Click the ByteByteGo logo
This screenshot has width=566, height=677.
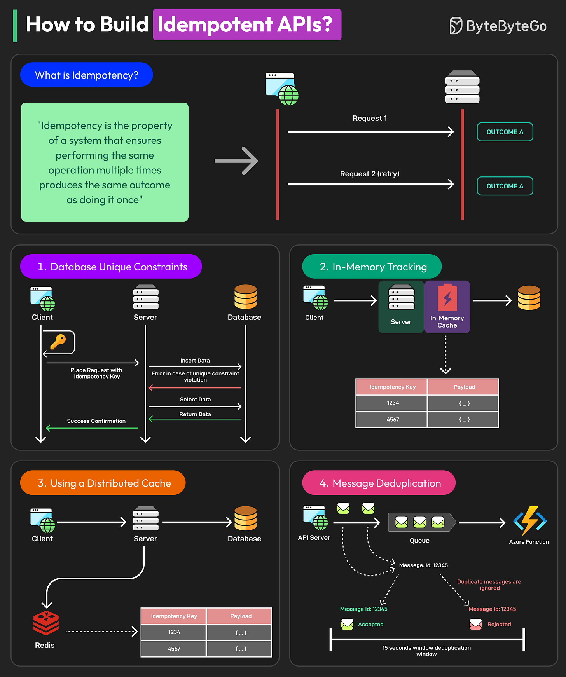tap(498, 26)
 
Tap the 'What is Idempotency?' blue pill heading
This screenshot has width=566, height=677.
tap(86, 75)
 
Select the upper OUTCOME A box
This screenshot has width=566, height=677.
tap(505, 132)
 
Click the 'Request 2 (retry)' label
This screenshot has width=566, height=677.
tap(369, 174)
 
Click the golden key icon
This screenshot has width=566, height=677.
tap(58, 342)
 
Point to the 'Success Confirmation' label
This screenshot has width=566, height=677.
tap(96, 421)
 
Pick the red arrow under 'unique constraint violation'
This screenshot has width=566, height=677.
tap(195, 388)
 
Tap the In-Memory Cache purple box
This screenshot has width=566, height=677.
tap(447, 307)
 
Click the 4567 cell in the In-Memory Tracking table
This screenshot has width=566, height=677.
tap(393, 419)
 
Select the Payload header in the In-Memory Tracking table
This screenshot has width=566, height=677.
tap(464, 387)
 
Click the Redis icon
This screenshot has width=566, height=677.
tap(46, 623)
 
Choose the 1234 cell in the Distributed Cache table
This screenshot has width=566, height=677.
tap(174, 632)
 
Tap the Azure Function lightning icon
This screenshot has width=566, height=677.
tap(530, 520)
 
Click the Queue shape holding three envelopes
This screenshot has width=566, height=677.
tap(421, 522)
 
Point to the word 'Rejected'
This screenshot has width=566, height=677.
tap(499, 624)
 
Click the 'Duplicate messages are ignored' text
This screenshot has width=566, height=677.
tap(489, 585)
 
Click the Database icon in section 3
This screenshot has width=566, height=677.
tap(245, 518)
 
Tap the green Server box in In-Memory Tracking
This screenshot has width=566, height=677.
tap(401, 307)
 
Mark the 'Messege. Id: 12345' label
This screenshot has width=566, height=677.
tap(423, 565)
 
